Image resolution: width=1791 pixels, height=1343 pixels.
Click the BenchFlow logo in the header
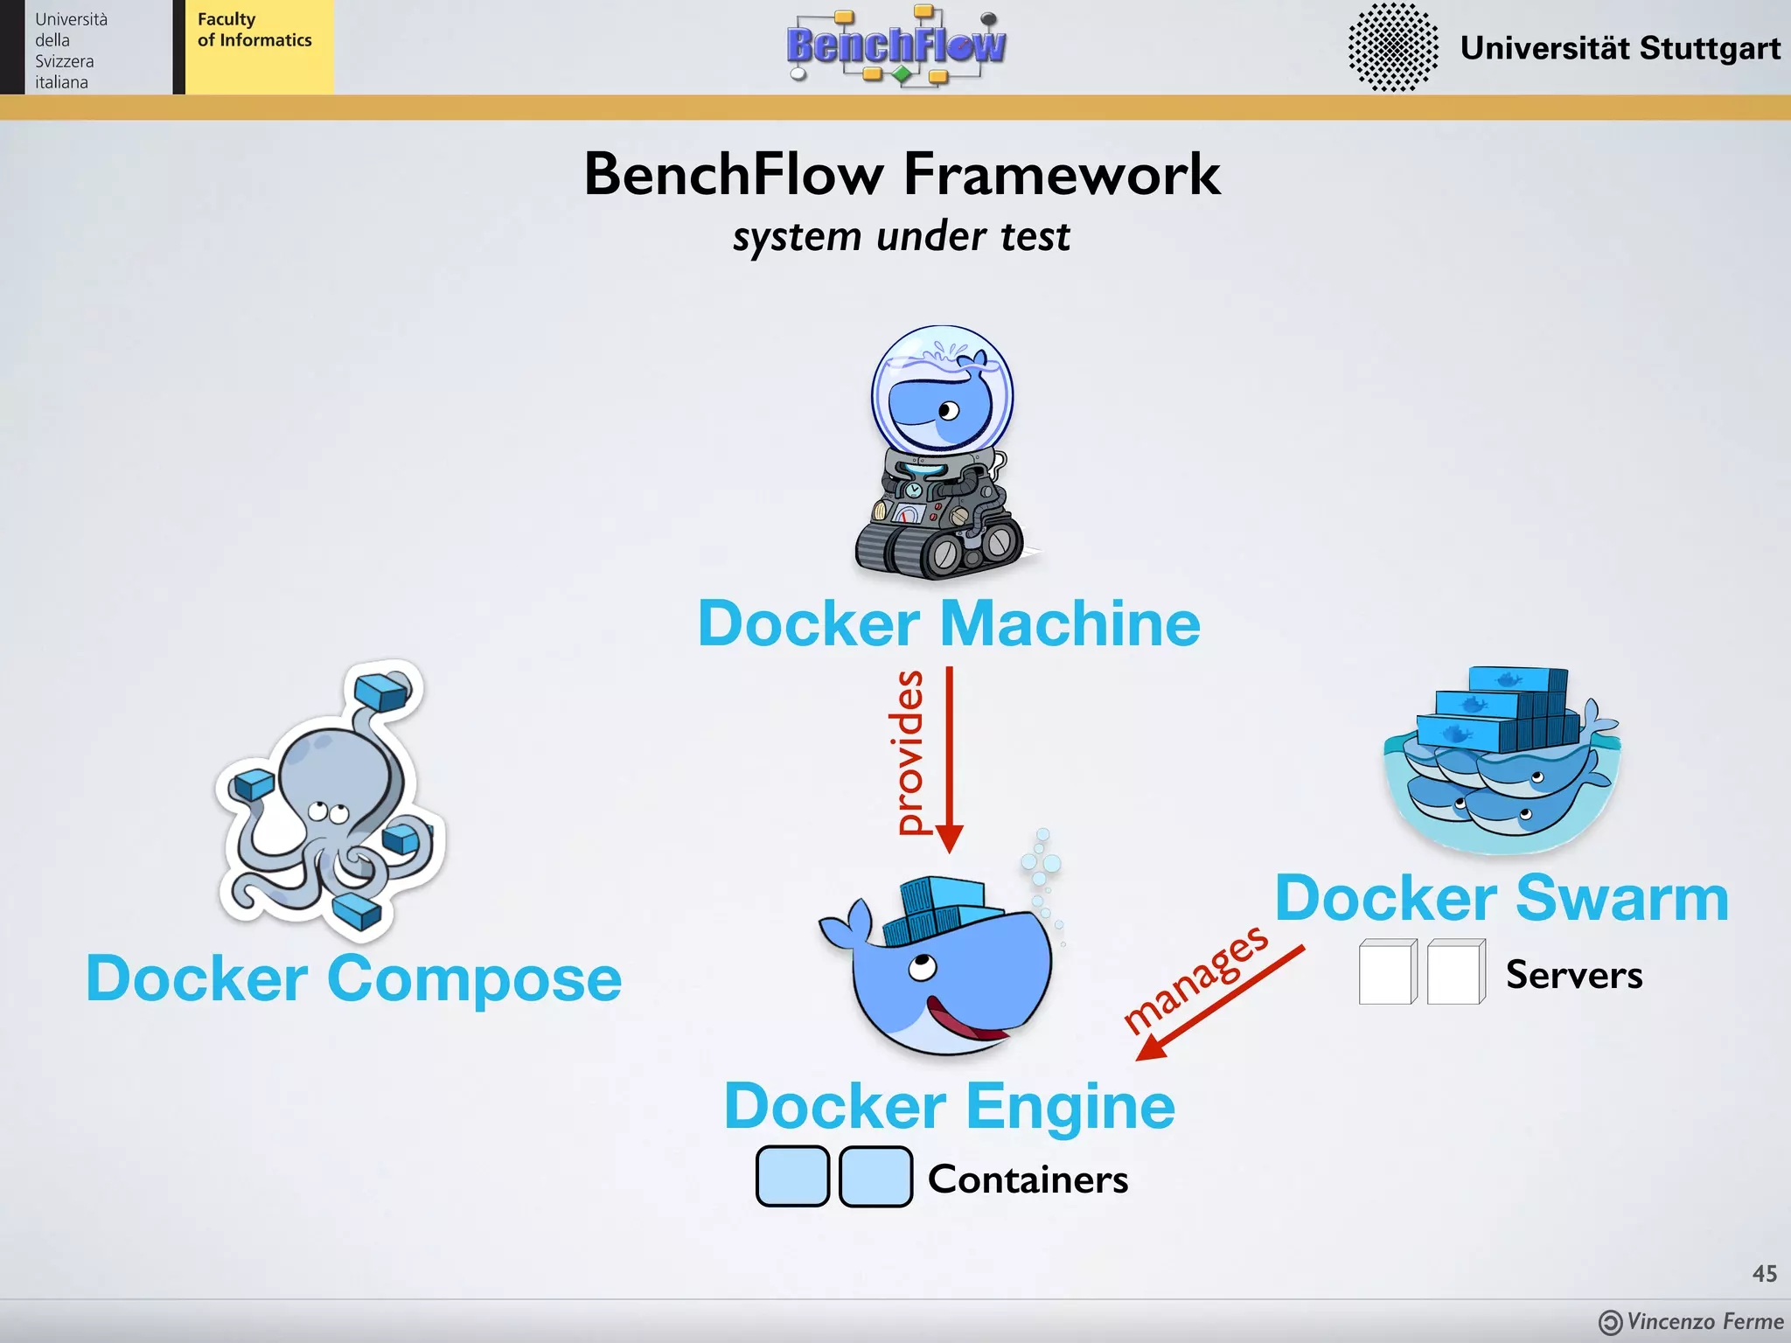[x=896, y=45]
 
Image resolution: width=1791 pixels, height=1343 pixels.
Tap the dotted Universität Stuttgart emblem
[x=1392, y=46]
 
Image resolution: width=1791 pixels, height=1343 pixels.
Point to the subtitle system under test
[x=901, y=236]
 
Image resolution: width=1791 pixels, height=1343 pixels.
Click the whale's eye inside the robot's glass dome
[x=949, y=410]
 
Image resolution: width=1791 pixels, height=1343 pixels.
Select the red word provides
[x=910, y=752]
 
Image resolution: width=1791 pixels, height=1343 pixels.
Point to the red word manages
[x=1195, y=979]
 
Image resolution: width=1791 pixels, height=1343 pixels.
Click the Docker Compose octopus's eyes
[x=328, y=812]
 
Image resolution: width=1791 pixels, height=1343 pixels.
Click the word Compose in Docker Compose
[x=474, y=978]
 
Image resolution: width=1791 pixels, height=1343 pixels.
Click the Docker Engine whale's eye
[x=922, y=967]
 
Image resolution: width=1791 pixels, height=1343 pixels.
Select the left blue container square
[x=792, y=1177]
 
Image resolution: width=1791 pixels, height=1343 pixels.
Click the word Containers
[x=1028, y=1179]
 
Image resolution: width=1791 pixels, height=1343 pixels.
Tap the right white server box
[x=1455, y=972]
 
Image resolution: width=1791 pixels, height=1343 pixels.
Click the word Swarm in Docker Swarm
[x=1622, y=898]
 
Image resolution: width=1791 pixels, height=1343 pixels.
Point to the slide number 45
[x=1764, y=1273]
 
